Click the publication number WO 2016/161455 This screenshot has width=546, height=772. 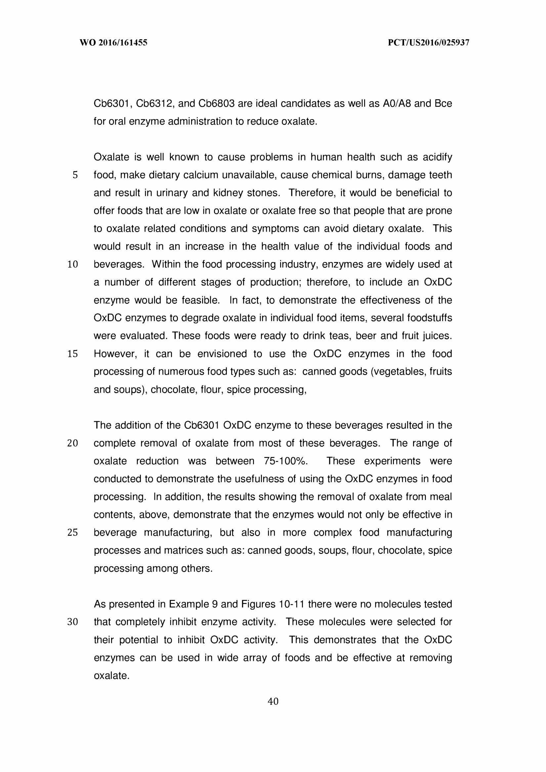113,43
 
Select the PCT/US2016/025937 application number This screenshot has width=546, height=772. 428,43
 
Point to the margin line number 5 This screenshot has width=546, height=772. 75,175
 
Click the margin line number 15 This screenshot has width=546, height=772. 73,354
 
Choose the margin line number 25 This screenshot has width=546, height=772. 73,532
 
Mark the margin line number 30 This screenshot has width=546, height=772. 73,622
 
